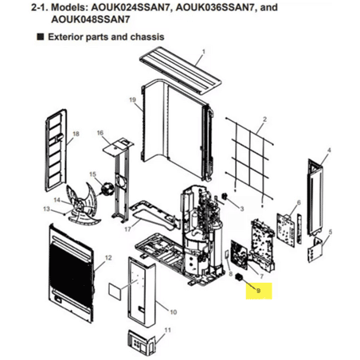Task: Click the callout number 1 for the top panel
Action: click(x=204, y=51)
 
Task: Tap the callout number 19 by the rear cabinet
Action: click(x=132, y=100)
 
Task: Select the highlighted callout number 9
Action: click(x=258, y=291)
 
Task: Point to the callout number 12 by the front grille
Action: click(x=108, y=258)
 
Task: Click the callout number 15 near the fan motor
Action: click(x=92, y=174)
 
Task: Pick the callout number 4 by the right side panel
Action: click(x=329, y=151)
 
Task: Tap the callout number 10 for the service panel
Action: click(x=173, y=312)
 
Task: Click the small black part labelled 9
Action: click(x=240, y=278)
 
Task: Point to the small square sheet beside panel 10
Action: click(x=115, y=290)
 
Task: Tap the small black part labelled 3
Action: click(x=225, y=197)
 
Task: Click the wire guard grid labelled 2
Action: click(x=249, y=159)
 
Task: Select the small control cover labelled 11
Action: click(x=141, y=341)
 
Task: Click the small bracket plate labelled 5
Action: click(x=315, y=249)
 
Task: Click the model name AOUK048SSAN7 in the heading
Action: click(x=90, y=20)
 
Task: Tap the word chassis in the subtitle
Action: click(x=147, y=37)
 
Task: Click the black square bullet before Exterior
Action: click(x=41, y=37)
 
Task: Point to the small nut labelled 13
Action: click(x=65, y=213)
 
